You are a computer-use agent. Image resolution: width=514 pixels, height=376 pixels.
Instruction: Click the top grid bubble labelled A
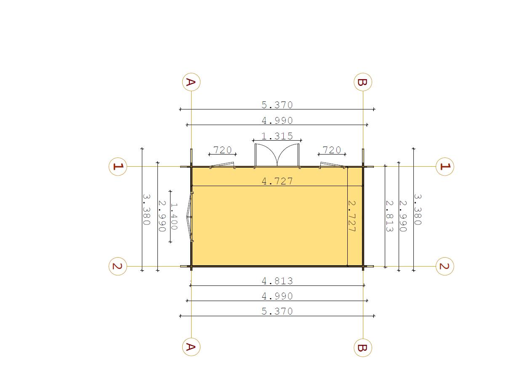click(191, 82)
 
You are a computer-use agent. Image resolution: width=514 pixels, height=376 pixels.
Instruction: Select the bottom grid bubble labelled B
click(363, 347)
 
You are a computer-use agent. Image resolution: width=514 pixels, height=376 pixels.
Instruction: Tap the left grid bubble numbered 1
click(118, 167)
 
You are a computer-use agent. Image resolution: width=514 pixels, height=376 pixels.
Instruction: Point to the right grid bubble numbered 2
click(445, 266)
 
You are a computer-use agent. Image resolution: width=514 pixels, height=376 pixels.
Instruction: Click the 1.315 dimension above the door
click(277, 136)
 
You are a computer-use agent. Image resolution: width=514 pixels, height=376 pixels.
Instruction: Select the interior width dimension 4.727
click(277, 181)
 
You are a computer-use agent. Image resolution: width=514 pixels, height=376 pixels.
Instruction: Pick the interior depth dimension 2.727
click(352, 216)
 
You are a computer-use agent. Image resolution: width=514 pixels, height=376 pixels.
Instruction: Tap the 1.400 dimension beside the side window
click(174, 216)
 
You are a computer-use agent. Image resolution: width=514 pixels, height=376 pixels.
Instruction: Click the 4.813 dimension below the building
click(277, 281)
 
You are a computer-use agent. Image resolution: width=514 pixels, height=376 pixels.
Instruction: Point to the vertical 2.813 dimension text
click(389, 216)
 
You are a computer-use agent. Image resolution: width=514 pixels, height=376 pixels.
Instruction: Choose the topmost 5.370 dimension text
click(277, 105)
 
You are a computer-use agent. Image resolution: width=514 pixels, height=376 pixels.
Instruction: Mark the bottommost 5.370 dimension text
click(277, 312)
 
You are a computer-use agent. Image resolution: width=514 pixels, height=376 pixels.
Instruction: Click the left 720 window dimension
click(222, 150)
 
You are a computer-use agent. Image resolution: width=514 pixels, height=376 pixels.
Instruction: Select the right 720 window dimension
click(332, 150)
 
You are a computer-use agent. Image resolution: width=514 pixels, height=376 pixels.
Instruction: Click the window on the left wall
click(189, 216)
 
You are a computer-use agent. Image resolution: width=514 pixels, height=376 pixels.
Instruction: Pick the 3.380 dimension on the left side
click(146, 209)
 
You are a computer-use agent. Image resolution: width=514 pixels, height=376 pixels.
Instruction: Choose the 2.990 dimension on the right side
click(403, 216)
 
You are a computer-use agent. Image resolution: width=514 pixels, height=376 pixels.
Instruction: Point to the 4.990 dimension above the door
click(277, 121)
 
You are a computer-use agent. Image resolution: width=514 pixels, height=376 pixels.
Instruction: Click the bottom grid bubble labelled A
click(191, 347)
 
